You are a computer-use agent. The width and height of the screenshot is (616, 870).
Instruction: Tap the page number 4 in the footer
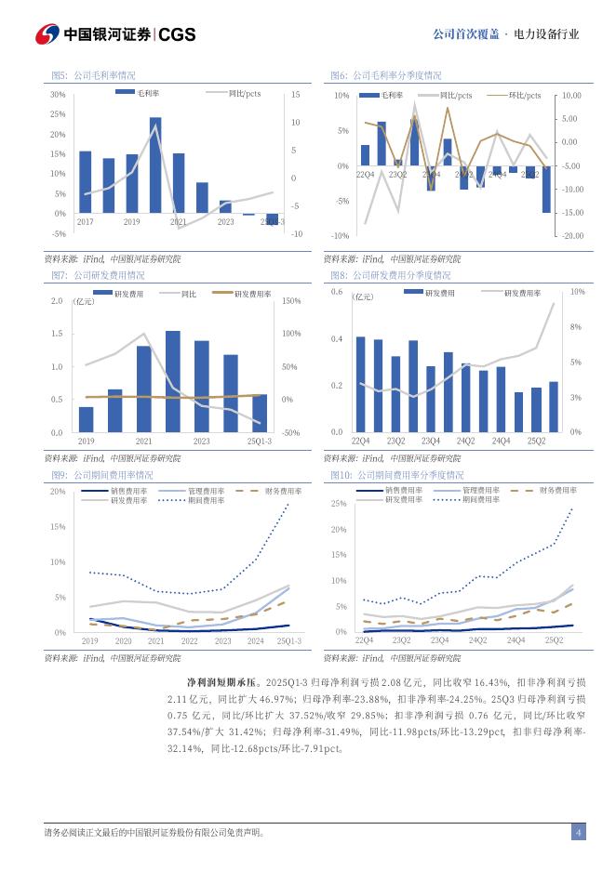point(578,832)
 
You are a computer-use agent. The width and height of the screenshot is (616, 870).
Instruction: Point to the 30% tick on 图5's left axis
point(58,95)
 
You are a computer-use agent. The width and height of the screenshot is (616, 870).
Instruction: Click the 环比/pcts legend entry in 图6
point(524,95)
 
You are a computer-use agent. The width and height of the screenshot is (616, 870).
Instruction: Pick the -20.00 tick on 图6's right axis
point(570,236)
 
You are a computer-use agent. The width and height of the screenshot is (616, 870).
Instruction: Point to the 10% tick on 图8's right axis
point(576,292)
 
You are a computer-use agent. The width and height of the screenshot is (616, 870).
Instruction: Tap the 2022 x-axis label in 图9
point(189,641)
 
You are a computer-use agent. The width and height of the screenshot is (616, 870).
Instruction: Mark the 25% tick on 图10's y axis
point(339,504)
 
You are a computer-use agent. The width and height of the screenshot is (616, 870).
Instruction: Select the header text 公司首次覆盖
point(464,34)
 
